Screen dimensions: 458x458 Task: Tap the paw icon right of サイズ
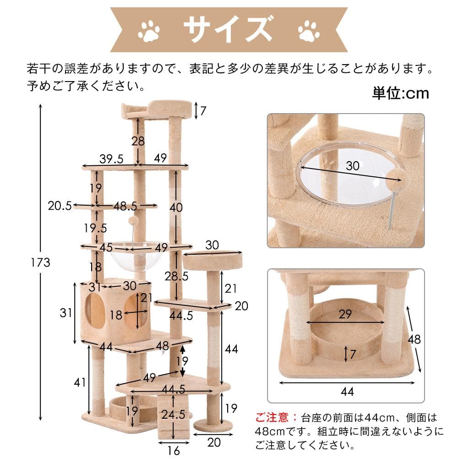[x=309, y=31]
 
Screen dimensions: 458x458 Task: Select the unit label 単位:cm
[x=400, y=93]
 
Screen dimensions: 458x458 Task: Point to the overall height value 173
[x=41, y=262]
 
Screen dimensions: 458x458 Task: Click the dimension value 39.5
[x=111, y=158]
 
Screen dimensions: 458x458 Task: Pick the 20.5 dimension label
[x=60, y=206]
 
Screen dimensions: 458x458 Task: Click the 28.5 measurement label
[x=176, y=276]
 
